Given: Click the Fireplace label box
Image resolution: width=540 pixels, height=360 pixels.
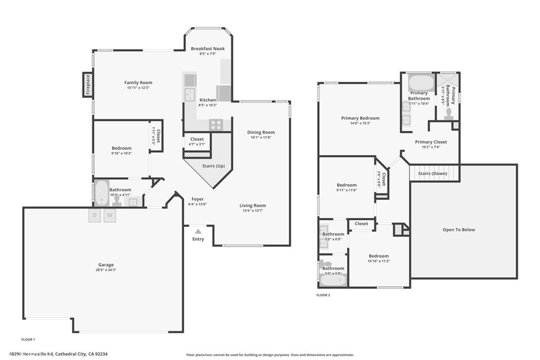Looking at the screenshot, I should pos(88,85).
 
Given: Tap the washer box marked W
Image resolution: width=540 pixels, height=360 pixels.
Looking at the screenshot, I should pos(110,215).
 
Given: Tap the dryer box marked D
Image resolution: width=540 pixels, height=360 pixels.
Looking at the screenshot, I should pos(95,215).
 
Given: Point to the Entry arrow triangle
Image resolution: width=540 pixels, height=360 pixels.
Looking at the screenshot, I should pos(198,231).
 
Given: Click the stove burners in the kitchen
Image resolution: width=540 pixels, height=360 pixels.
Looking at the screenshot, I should pos(216,125).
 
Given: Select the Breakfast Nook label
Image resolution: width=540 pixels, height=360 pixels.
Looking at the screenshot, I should pos(208,48).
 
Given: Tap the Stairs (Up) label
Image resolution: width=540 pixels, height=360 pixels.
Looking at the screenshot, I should pos(214,166).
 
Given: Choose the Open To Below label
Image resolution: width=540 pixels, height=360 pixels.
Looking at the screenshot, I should pos(458,230).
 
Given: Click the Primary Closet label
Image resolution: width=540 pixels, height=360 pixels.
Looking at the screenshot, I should pos(431,142).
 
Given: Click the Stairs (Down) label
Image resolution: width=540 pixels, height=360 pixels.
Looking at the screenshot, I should pos(432,173).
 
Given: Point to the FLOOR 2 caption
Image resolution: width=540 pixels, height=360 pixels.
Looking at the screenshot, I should pos(323,295).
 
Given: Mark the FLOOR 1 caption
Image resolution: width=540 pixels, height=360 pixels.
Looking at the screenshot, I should pos(28,339).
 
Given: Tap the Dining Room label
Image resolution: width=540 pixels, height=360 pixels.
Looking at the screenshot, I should pos(261,132).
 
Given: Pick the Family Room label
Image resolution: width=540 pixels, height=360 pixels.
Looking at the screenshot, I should pos(138,83).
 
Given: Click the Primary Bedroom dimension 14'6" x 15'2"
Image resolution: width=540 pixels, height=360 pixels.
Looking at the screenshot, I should pos(360,123).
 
